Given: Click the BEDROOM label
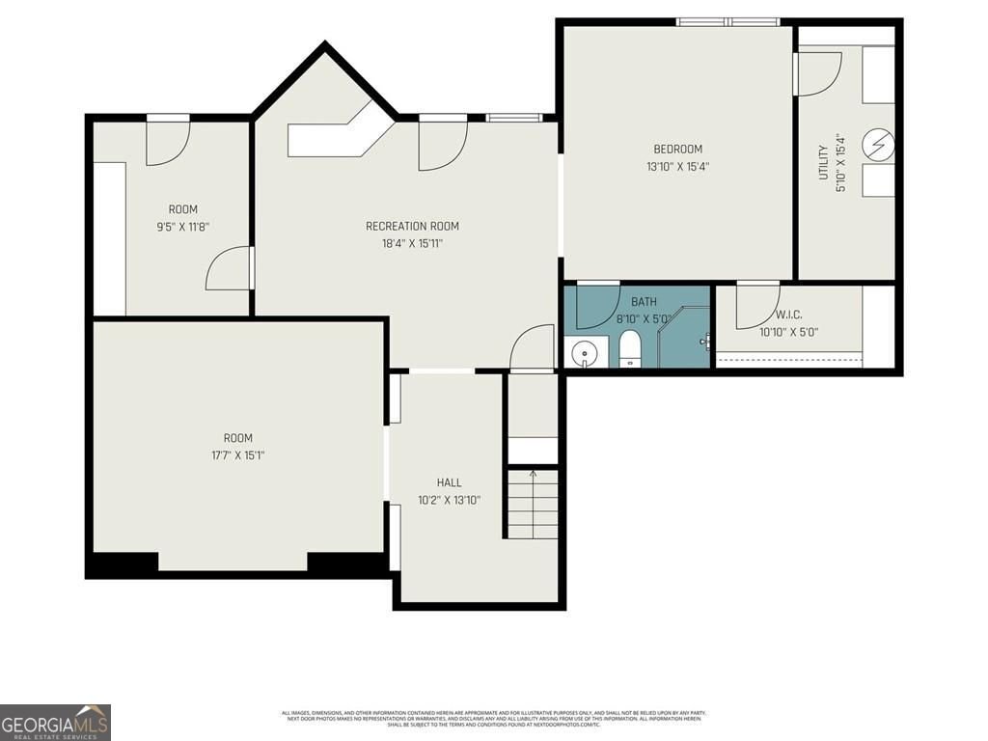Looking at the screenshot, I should [677, 149].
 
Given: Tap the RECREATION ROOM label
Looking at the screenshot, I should [412, 226].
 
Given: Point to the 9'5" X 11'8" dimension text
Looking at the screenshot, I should [182, 227].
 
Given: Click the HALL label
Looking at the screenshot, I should [449, 482].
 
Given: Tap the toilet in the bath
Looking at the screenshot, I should [630, 348].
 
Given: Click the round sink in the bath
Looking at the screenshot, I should [585, 353].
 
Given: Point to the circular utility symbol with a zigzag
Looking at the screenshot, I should [879, 147].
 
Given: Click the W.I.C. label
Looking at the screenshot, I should [788, 315].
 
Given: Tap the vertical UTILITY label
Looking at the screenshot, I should [823, 162].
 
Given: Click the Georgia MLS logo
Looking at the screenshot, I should [55, 722].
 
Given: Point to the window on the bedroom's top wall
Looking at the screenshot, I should [728, 21].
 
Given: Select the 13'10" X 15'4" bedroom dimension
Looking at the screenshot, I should [677, 166].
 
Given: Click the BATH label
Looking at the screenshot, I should [644, 301].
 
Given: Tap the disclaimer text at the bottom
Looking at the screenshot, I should [493, 718].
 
